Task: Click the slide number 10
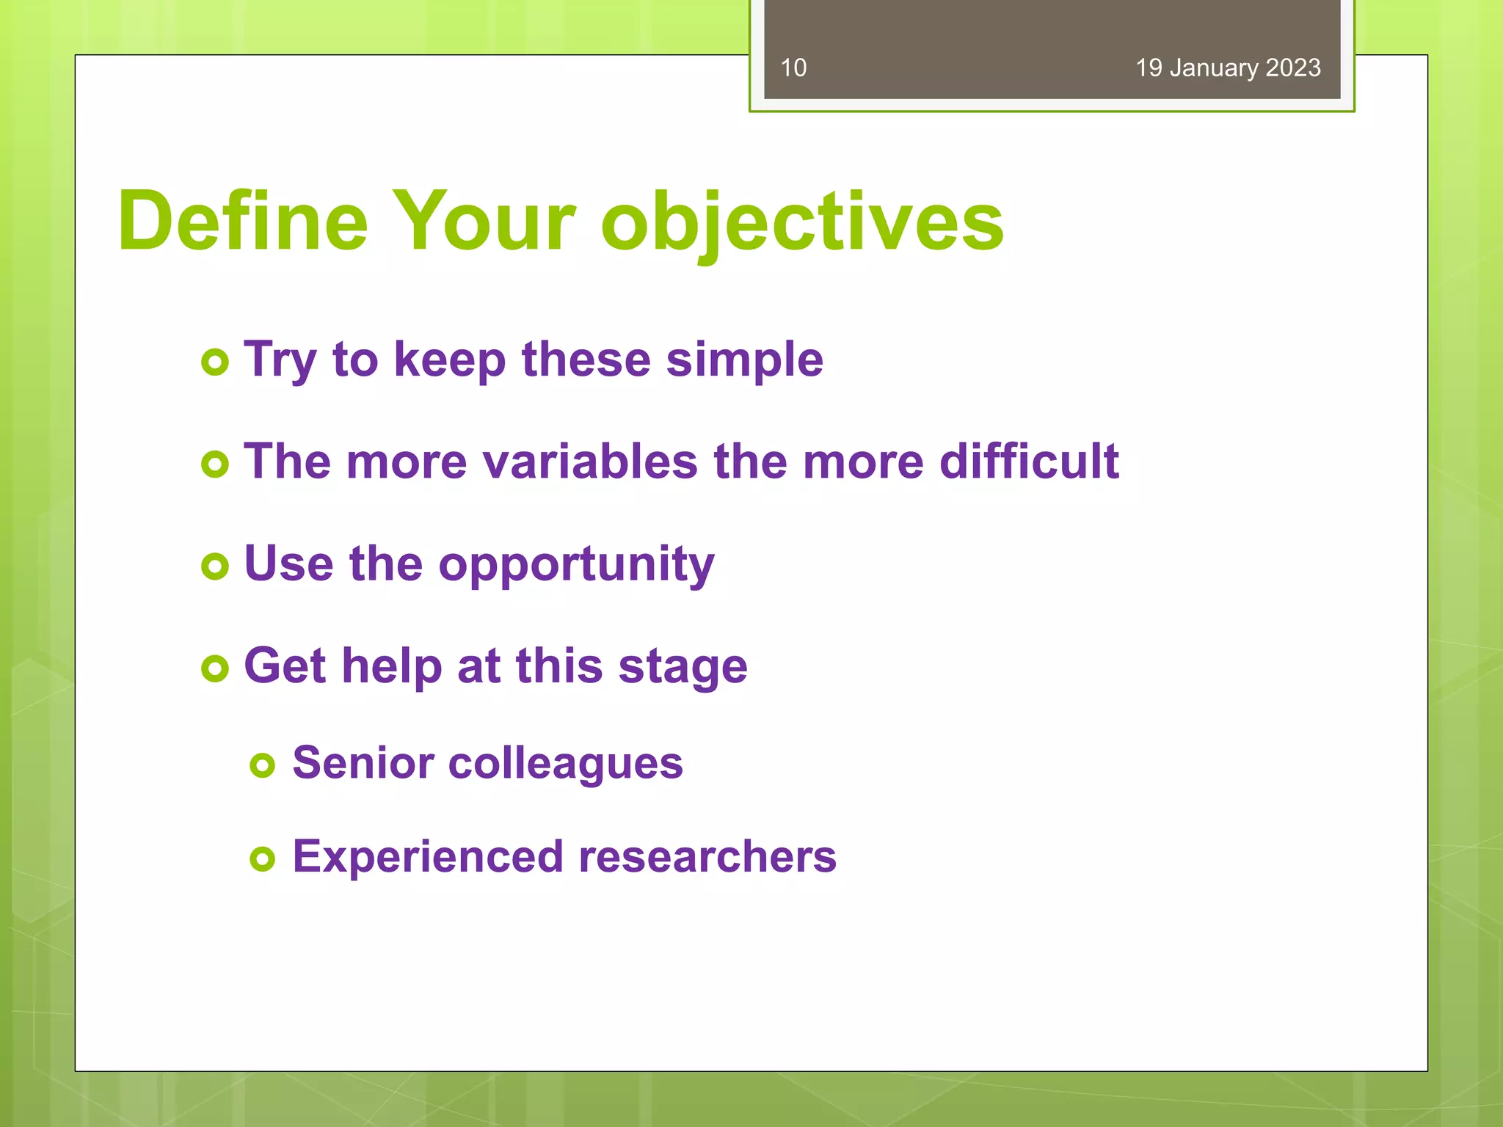793,68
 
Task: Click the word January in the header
1214,68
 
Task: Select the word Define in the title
242,221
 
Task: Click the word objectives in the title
801,222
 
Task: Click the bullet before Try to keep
215,362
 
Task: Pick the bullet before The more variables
215,464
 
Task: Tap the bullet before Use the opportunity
215,566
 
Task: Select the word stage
683,667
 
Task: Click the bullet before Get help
215,668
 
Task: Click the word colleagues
565,764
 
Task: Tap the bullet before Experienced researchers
262,858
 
